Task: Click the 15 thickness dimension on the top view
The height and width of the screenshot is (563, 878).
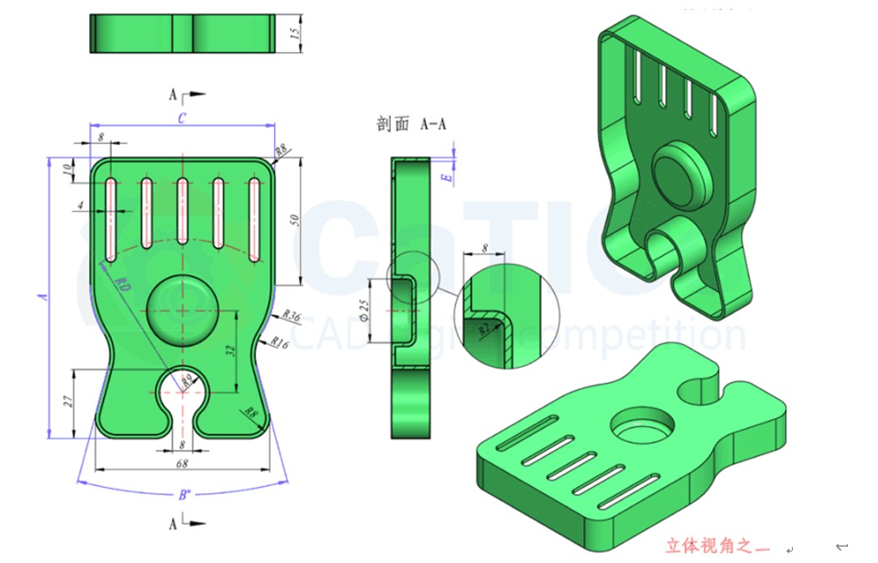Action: [x=295, y=34]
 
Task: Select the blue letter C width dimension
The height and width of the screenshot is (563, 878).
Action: [x=182, y=118]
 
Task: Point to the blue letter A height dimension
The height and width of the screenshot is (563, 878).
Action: [x=44, y=297]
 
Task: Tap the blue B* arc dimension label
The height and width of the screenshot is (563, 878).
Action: [x=184, y=494]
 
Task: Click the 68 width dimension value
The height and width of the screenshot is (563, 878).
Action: [x=182, y=463]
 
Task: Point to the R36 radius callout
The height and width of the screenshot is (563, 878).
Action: [x=291, y=317]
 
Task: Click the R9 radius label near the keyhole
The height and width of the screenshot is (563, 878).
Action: [x=187, y=378]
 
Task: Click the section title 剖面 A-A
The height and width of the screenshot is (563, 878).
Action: [x=411, y=124]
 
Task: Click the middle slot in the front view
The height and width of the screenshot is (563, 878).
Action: [x=182, y=212]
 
